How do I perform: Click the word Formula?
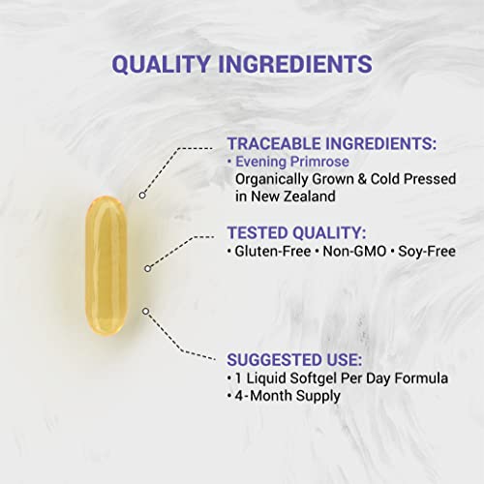[x=408, y=378]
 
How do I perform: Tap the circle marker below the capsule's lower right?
[x=145, y=310]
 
